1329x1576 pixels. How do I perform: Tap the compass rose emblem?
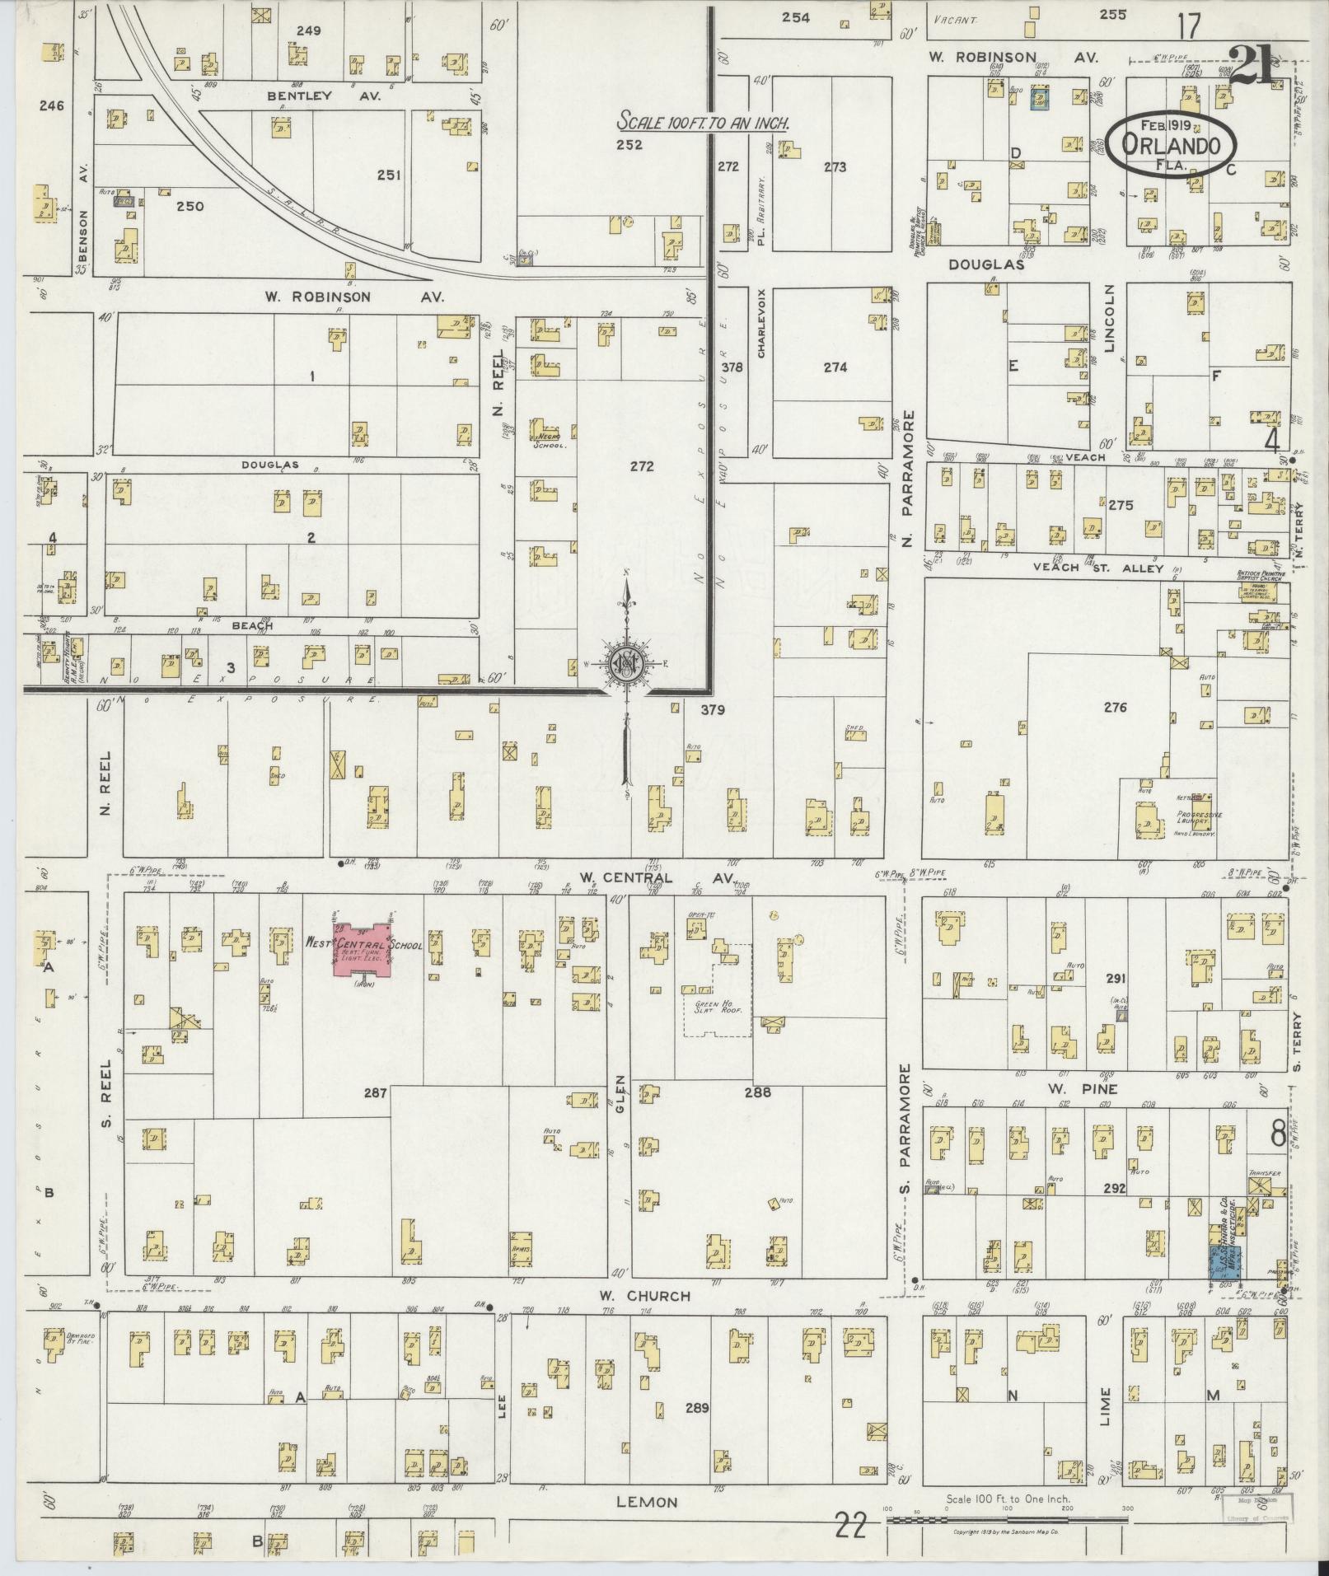(x=625, y=664)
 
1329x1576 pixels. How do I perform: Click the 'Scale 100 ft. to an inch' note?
(x=704, y=123)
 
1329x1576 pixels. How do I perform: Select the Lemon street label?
(x=647, y=1502)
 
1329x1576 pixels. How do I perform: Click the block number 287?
(x=376, y=1092)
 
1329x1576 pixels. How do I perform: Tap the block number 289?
(x=696, y=1407)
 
